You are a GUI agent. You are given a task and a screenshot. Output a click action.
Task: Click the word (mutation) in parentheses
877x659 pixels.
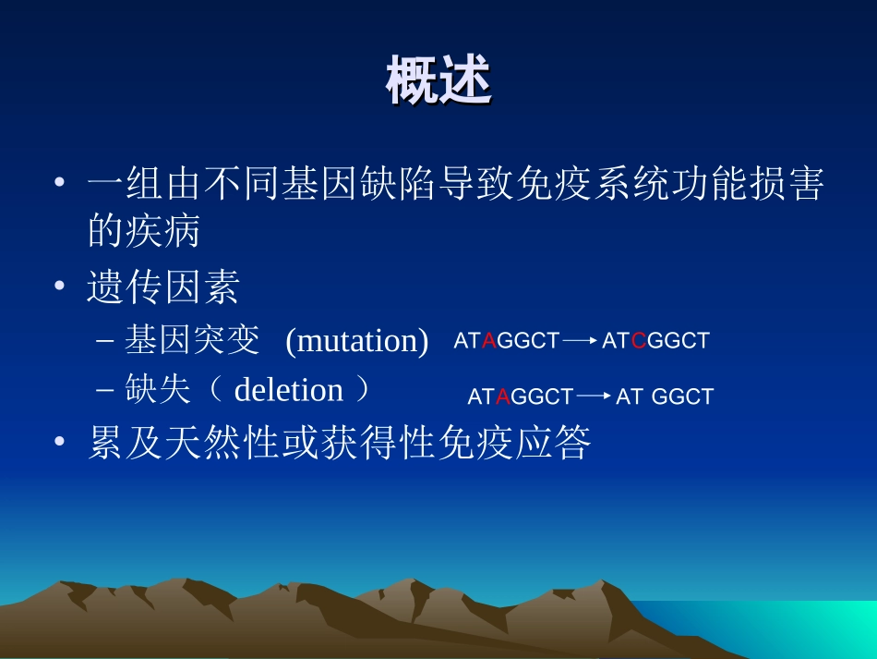(x=357, y=341)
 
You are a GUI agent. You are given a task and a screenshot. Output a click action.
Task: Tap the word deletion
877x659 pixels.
(x=289, y=390)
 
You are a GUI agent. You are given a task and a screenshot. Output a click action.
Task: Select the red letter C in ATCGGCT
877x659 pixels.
(x=638, y=341)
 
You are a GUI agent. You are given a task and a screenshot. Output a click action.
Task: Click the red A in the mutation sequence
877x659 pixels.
(x=489, y=341)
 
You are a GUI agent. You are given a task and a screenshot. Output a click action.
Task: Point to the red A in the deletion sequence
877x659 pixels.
(x=503, y=397)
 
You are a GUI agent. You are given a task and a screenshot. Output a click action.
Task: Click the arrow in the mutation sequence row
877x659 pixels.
(x=581, y=341)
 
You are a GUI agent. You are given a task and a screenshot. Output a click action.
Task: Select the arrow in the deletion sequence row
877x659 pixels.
(x=595, y=397)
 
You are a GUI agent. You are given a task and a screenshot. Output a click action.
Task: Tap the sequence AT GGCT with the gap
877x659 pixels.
(x=665, y=397)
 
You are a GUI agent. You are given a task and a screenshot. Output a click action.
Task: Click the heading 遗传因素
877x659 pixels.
(x=163, y=288)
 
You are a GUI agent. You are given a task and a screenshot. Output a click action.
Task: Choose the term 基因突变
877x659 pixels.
(x=192, y=341)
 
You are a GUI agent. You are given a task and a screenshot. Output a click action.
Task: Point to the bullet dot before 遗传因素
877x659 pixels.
(x=60, y=289)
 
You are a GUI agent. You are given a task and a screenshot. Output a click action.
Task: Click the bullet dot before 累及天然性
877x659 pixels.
(x=60, y=445)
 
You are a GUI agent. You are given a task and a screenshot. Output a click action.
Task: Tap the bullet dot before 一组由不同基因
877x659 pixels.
(x=60, y=184)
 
